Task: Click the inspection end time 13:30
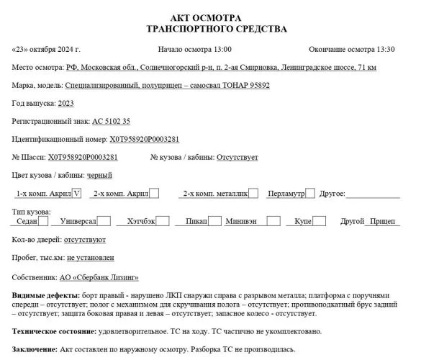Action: (x=382, y=50)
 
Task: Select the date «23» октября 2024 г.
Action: (x=47, y=50)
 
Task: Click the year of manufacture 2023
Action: (x=65, y=104)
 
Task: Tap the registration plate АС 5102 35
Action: (x=112, y=122)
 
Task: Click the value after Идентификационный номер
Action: (x=145, y=139)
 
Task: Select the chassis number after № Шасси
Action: (x=83, y=157)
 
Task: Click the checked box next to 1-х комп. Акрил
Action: (x=77, y=193)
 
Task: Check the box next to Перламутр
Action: (x=310, y=193)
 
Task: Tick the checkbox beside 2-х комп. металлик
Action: (x=254, y=193)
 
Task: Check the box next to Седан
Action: (x=45, y=221)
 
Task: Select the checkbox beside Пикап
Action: (x=214, y=221)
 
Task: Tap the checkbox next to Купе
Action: (x=319, y=221)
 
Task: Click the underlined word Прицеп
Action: (x=383, y=221)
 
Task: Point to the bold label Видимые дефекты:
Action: (x=46, y=296)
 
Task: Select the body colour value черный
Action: (x=99, y=175)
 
